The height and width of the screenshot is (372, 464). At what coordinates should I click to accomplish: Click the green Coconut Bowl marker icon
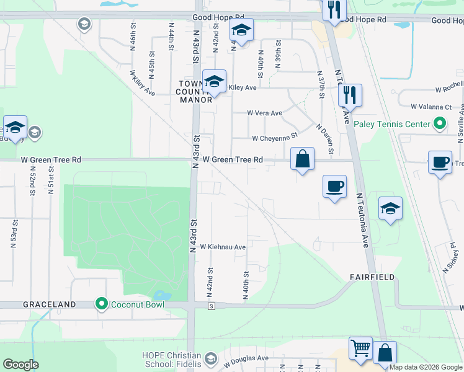coord(101,304)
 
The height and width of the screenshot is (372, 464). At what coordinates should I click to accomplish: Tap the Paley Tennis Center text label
coord(392,124)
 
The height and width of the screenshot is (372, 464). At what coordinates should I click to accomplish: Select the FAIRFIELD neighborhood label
coord(372,277)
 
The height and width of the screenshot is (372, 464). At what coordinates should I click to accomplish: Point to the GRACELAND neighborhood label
coord(50,305)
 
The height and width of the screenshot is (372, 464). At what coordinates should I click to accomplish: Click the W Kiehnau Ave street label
coord(223,247)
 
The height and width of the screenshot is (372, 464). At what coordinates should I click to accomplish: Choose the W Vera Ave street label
coord(265,113)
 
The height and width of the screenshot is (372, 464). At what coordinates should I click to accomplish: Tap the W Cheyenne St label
coord(275,138)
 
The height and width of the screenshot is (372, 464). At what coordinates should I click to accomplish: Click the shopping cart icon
coord(360,347)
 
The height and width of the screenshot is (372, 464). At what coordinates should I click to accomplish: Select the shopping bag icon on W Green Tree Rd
coord(302,159)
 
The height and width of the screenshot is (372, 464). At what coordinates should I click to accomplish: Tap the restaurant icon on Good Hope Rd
coord(334,10)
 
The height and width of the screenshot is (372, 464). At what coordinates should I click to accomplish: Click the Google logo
coord(21,365)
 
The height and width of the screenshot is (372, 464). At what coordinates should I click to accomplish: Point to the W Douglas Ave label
coord(246,359)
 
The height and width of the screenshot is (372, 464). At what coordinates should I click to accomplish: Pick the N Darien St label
coord(326,140)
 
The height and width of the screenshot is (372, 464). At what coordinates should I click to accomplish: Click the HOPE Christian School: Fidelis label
coord(171,359)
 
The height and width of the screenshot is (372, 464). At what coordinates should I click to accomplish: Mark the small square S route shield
coord(212,306)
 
